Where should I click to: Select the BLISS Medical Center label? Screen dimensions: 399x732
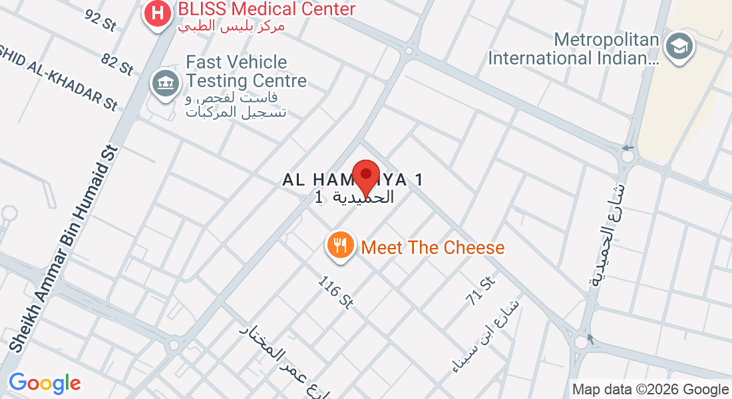(266, 10)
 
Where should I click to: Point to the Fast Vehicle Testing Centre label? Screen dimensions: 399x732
(246, 72)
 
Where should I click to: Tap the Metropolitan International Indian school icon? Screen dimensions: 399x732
(680, 47)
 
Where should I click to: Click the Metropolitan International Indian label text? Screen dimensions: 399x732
(574, 49)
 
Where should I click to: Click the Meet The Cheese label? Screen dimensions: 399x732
(433, 248)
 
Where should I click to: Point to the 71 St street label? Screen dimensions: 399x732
(482, 291)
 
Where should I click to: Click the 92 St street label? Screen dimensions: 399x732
(100, 19)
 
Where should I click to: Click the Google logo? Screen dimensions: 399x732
(45, 383)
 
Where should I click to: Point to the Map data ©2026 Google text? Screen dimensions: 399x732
(651, 390)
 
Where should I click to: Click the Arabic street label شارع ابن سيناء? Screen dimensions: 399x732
(485, 336)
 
